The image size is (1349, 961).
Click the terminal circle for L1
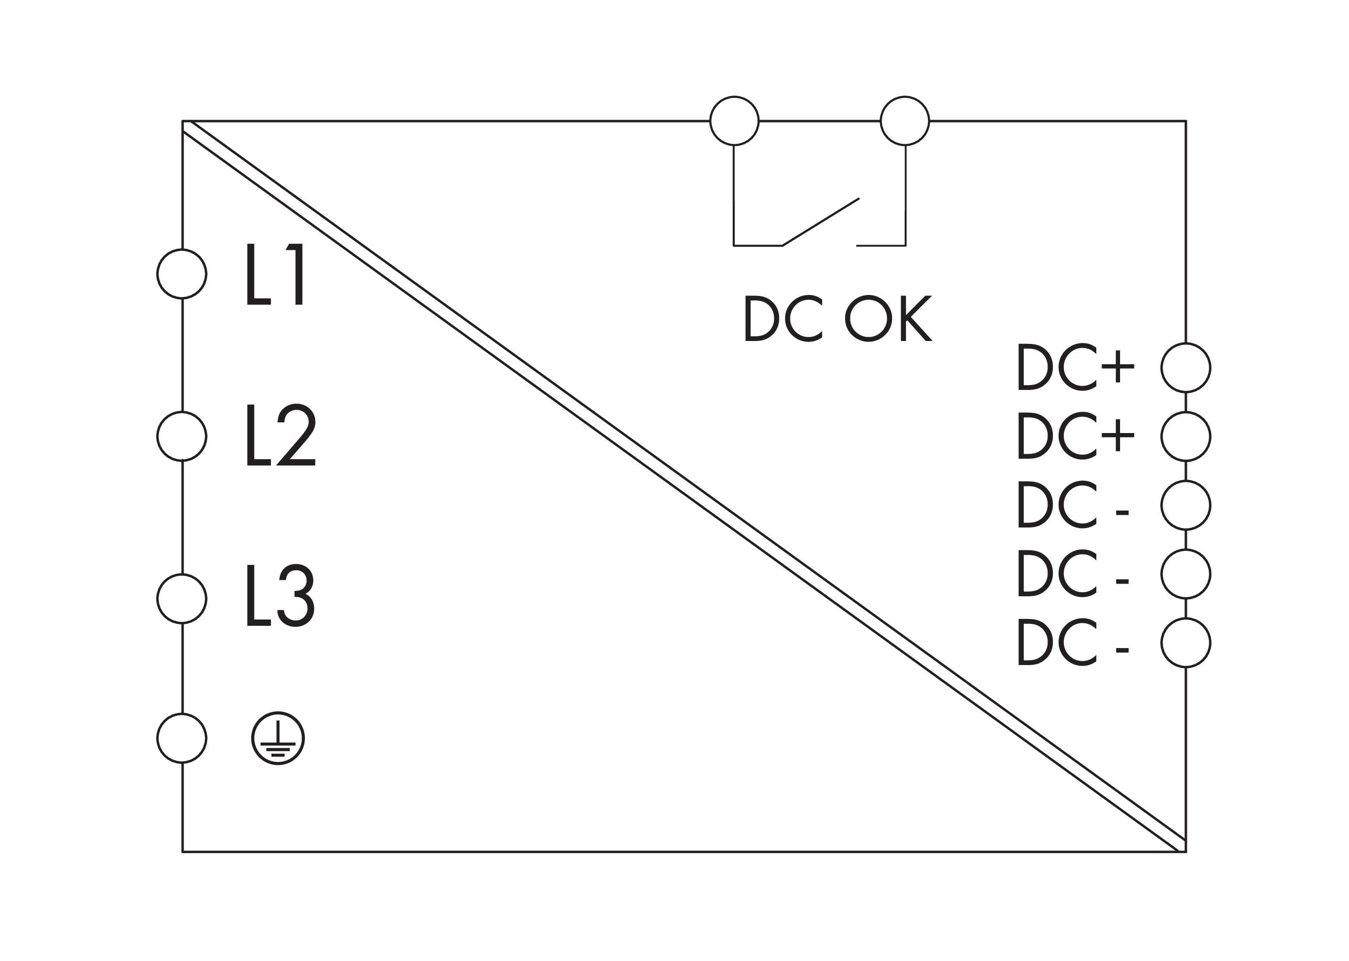pos(182,274)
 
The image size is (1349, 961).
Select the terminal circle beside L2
pos(182,436)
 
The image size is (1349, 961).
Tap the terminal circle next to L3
pos(182,598)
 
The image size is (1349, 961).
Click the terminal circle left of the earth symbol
pos(182,738)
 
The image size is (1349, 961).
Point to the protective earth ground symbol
pos(278,738)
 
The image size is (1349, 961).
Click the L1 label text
pos(275,274)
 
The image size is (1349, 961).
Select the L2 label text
pos(281,435)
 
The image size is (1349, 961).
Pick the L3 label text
pos(280,595)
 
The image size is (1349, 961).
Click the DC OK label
pos(837,318)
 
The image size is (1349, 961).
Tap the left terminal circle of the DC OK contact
pos(734,121)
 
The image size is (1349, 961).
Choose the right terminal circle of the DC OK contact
pos(905,121)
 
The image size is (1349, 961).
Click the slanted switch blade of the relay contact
pos(821,221)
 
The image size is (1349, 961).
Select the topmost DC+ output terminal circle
pos(1186,368)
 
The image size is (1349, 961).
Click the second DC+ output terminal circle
pos(1186,436)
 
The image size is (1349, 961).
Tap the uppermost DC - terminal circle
pos(1186,505)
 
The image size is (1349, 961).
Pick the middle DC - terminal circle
pos(1186,573)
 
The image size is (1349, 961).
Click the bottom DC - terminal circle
pos(1186,643)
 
